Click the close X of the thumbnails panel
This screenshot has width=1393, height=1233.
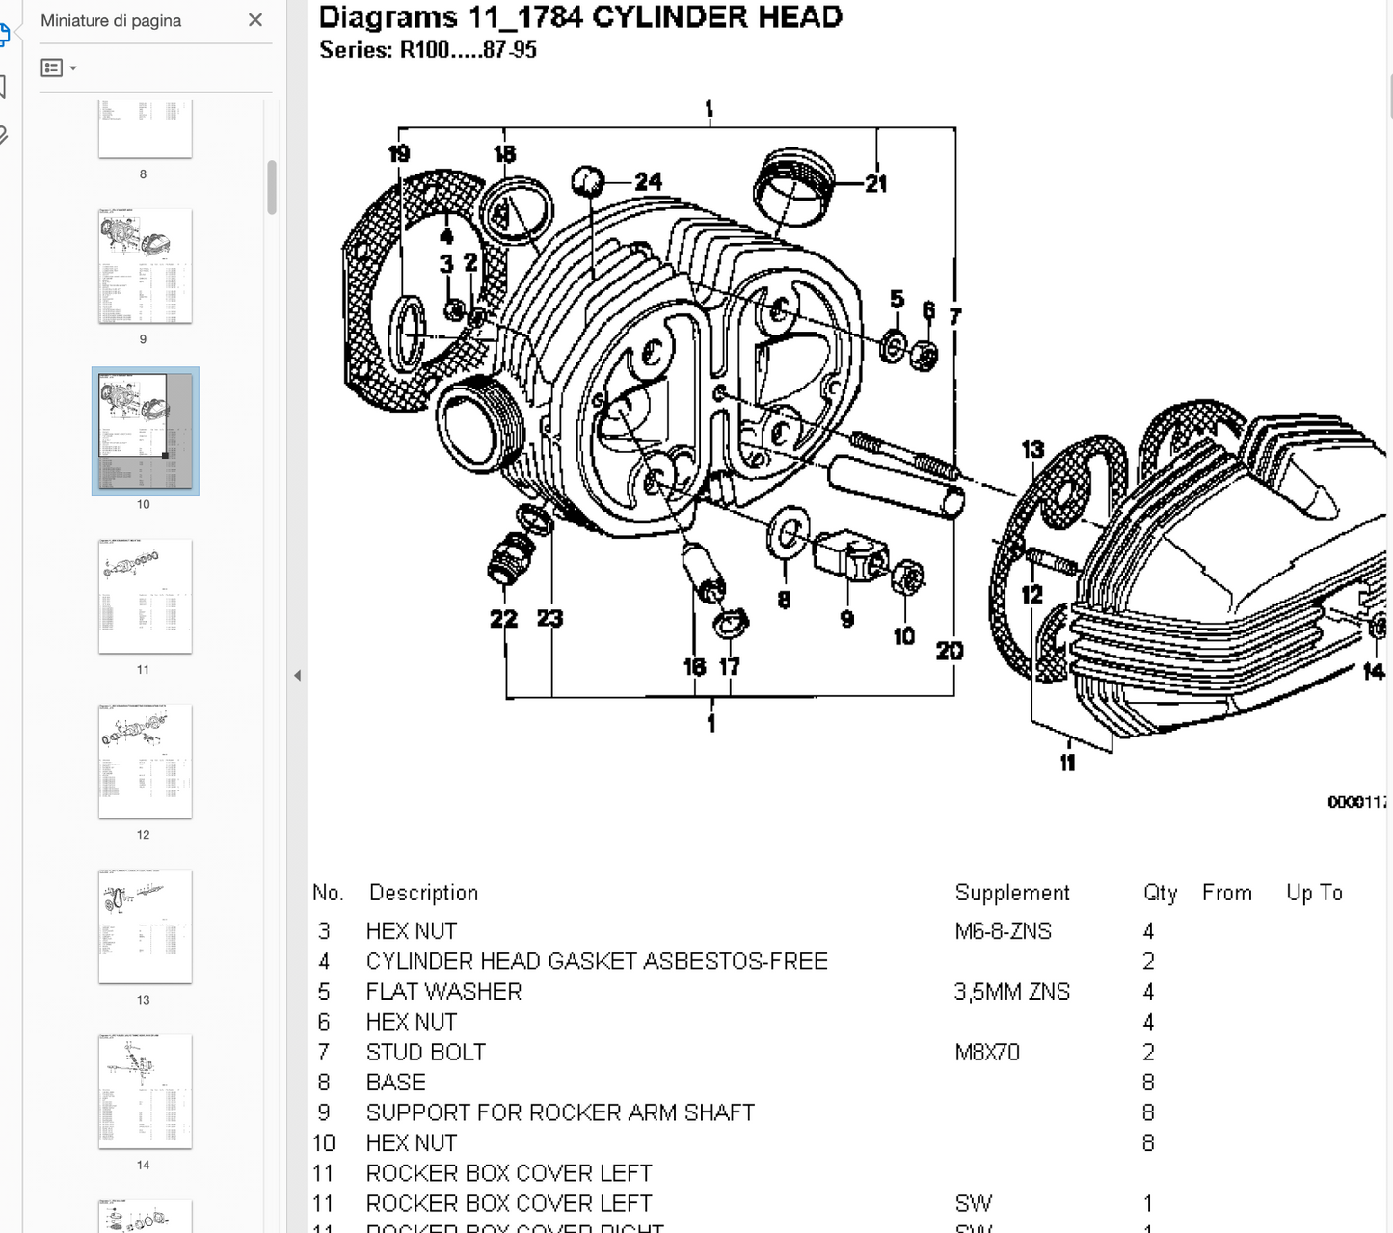tap(255, 20)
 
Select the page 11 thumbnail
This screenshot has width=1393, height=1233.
tap(145, 596)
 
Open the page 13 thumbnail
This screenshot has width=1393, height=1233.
tap(145, 926)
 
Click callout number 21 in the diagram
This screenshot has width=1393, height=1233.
tap(875, 183)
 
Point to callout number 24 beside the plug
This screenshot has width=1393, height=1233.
tap(648, 181)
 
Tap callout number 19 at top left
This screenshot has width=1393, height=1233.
tap(399, 153)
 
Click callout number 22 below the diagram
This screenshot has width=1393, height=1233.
tap(503, 619)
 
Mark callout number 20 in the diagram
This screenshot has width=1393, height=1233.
tap(949, 651)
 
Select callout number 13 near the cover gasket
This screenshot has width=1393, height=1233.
tap(1032, 449)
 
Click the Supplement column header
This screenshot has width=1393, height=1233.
tap(1012, 893)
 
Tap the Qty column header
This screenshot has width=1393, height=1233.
tap(1160, 893)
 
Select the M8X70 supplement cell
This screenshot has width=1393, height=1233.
tap(987, 1052)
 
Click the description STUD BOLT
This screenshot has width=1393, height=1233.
tap(425, 1052)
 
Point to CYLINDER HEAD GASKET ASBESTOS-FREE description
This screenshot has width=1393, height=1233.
tap(596, 961)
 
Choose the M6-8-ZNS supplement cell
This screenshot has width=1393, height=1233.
tap(1003, 931)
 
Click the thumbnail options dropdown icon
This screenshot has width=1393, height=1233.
tap(59, 67)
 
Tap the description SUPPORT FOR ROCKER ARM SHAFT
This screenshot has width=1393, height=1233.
tap(559, 1112)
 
